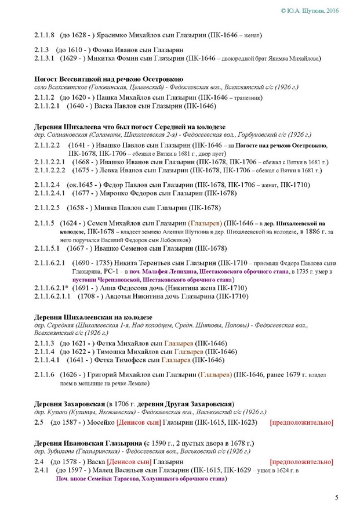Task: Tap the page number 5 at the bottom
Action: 337,497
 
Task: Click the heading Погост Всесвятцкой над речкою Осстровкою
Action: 109,79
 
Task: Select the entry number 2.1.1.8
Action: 44,35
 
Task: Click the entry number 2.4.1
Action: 42,471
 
